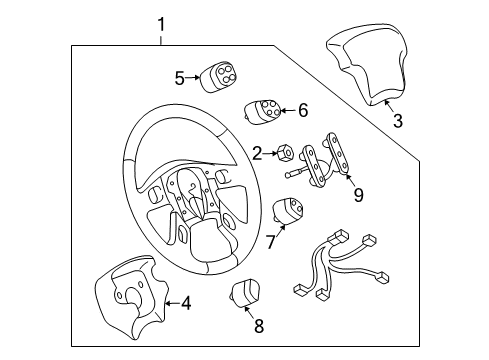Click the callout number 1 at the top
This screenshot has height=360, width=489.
[161, 21]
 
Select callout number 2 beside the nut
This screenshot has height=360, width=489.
[258, 153]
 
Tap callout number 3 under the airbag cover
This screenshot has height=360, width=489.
[397, 122]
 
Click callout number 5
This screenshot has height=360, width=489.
[179, 76]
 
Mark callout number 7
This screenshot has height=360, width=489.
[270, 242]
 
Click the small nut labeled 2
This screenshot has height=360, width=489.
[285, 152]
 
